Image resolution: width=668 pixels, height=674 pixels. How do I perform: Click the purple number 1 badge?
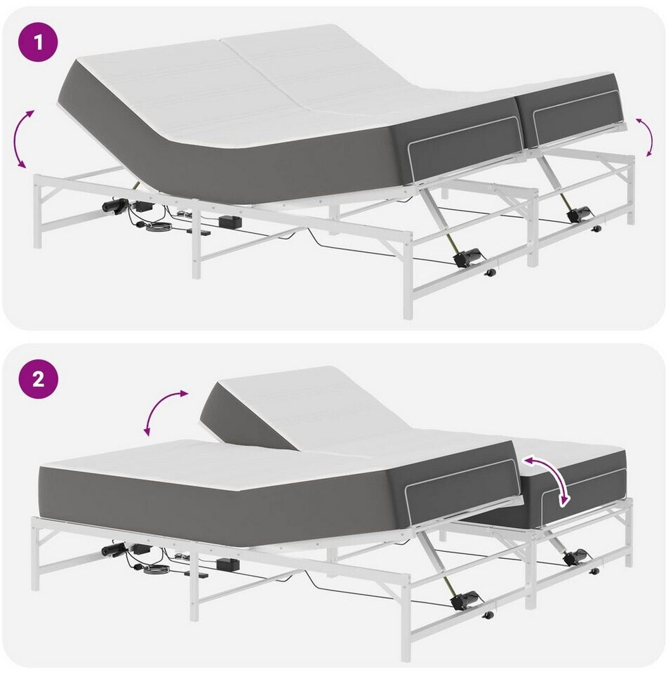[x=38, y=43]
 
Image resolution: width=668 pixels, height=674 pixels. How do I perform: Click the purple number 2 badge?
[x=38, y=378]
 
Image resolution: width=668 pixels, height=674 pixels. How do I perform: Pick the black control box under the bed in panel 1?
[x=230, y=222]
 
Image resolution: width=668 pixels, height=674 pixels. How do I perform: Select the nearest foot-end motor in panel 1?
[x=467, y=257]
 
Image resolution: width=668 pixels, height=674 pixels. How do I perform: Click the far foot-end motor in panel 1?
[x=580, y=213]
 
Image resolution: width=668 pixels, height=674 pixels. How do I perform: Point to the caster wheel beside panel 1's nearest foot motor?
[x=489, y=272]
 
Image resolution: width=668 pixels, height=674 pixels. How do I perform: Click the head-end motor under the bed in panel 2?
[x=114, y=549]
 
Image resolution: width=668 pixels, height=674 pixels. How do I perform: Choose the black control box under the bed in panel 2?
[x=229, y=564]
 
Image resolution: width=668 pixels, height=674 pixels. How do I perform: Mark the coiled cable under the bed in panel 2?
[x=156, y=569]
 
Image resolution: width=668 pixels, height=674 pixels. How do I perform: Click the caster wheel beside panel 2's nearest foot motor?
[x=487, y=615]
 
